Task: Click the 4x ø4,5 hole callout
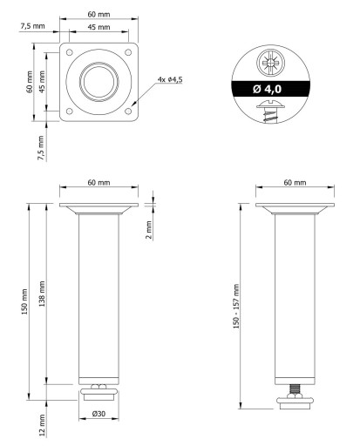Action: (170, 79)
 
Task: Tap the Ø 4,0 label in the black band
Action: (267, 89)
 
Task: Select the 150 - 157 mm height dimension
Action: (236, 306)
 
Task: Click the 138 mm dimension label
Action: (42, 294)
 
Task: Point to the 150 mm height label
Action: (24, 301)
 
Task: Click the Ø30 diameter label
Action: (98, 414)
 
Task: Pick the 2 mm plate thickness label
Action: (148, 229)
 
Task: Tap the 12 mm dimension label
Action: (42, 425)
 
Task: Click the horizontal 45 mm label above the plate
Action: (98, 27)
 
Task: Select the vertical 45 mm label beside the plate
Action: (42, 82)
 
